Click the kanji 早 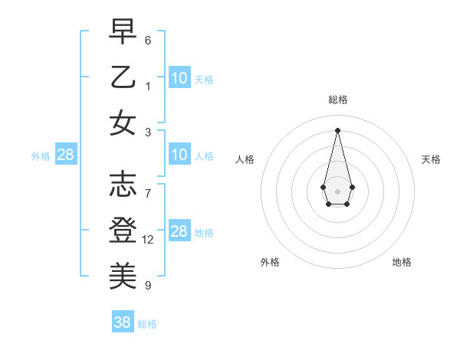coord(123,32)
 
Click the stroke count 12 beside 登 coord(148,240)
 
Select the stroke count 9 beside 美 coord(148,286)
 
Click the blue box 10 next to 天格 coord(179,77)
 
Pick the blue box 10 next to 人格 coord(179,155)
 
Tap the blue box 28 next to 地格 coord(179,231)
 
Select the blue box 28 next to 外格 coord(66,155)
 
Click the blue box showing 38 coord(123,322)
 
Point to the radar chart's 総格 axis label coord(337,100)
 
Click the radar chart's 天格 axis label coord(432,159)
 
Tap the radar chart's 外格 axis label coord(270,262)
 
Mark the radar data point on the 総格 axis coord(337,130)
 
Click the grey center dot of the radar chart coord(337,191)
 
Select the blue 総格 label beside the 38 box coord(147,324)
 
